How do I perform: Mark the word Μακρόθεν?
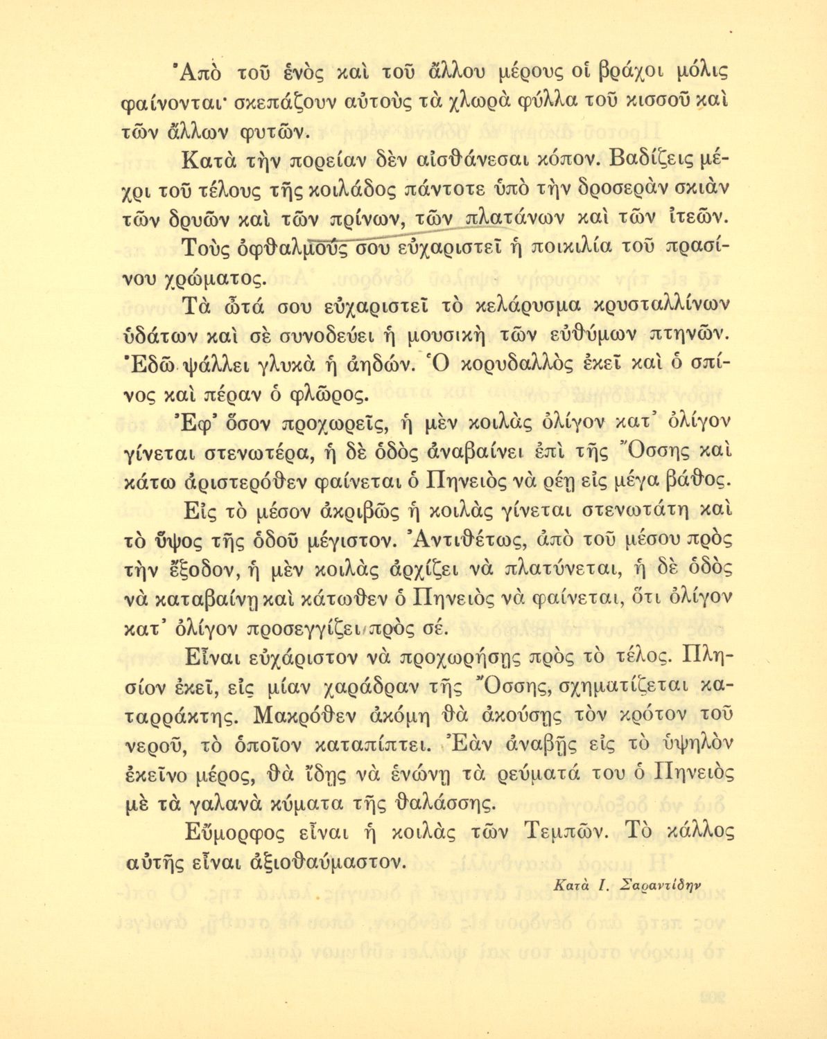click(x=325, y=714)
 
